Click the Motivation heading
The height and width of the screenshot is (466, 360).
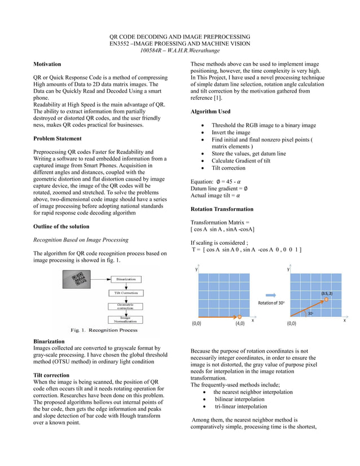(47, 65)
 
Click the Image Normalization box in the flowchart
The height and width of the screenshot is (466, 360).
(125, 319)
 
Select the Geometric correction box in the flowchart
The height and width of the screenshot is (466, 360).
(125, 306)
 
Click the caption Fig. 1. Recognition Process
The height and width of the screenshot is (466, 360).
(104, 329)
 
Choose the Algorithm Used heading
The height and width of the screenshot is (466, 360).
(210, 112)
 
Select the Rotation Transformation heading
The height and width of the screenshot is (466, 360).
(222, 209)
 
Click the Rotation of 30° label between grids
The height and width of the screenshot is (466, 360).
(271, 303)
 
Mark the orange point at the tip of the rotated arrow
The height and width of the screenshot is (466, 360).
(326, 299)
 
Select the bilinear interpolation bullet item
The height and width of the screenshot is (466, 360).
(239, 399)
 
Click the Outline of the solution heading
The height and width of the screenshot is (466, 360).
(61, 226)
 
